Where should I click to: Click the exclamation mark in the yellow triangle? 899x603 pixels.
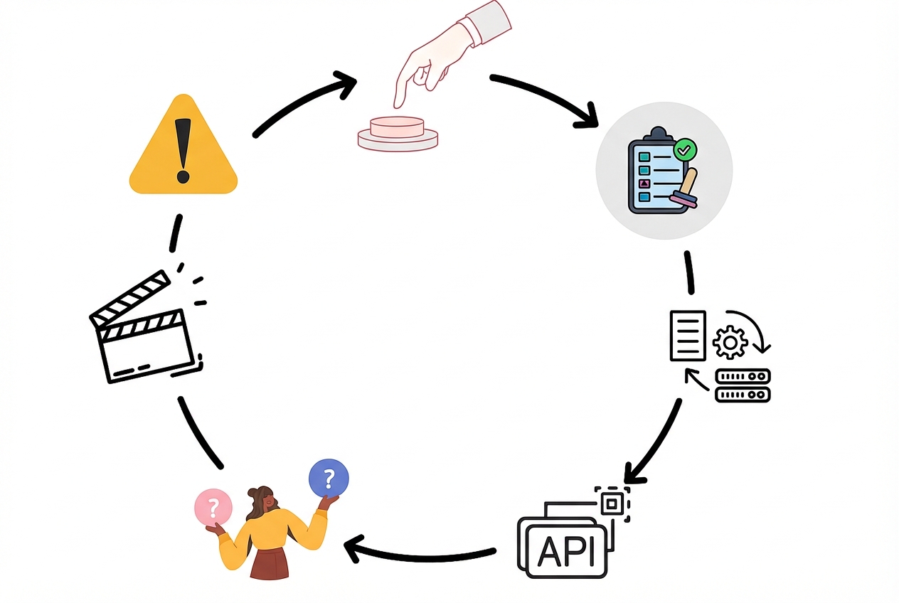click(183, 149)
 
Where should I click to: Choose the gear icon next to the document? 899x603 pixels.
click(730, 342)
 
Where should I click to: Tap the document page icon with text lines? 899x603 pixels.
click(688, 335)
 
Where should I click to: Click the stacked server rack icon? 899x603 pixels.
click(743, 385)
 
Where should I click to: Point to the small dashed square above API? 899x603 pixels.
click(610, 504)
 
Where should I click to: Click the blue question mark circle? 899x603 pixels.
click(329, 477)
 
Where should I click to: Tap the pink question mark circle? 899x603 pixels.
click(213, 507)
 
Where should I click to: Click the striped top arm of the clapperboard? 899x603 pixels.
click(131, 299)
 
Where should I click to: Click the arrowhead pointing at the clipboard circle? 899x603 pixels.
click(587, 119)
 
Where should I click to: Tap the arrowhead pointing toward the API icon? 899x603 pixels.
click(633, 473)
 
